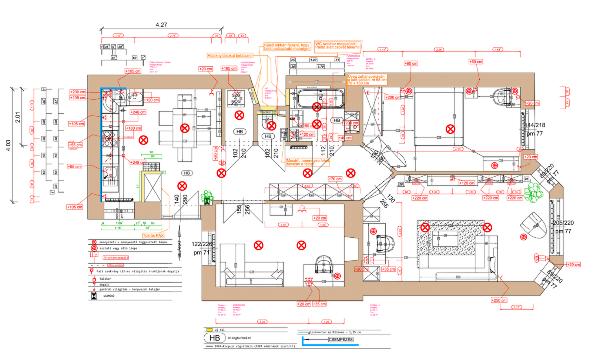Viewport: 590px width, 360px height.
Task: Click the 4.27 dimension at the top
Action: [161, 25]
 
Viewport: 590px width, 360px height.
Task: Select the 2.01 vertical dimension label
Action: [17, 117]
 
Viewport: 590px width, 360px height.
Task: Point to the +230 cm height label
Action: [78, 92]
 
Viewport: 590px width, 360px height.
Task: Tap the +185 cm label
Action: [229, 68]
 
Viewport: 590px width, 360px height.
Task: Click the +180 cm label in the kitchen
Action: [133, 128]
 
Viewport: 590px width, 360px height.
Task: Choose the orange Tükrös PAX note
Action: [153, 235]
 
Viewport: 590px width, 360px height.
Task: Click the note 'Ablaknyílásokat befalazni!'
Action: [230, 56]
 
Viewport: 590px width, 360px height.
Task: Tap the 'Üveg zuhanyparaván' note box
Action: [367, 80]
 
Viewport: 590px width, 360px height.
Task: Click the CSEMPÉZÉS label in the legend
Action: [340, 339]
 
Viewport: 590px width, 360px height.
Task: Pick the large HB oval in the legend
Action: [215, 338]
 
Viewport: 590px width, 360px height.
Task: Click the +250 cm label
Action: [499, 300]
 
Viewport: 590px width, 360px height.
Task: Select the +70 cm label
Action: [335, 179]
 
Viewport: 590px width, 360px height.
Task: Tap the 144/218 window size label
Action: [535, 125]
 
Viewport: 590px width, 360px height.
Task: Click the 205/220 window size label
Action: [563, 223]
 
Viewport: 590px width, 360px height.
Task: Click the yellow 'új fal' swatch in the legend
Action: [209, 330]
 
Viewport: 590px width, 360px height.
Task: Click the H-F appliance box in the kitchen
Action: [135, 96]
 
